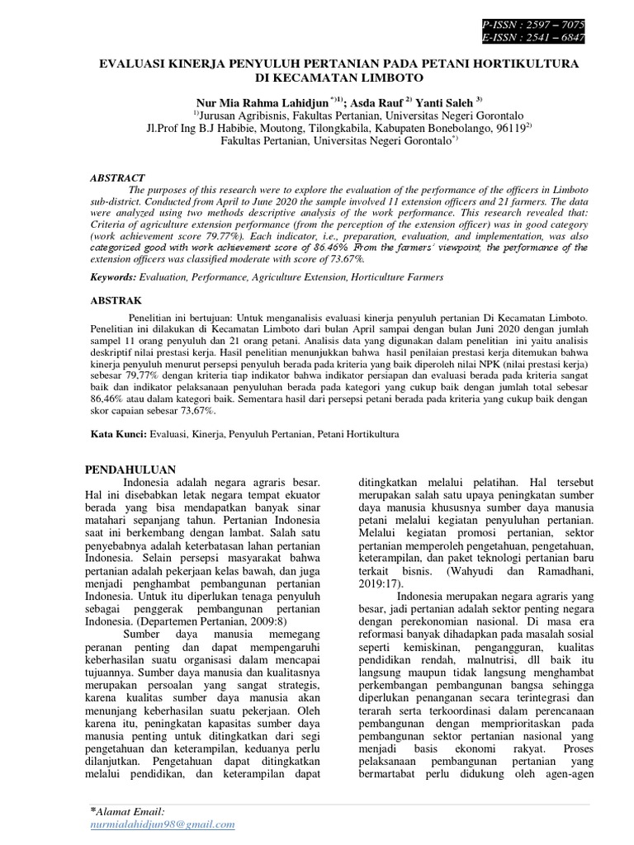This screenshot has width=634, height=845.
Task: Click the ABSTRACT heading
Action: [x=116, y=177]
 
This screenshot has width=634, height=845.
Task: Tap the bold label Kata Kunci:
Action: [x=116, y=432]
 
